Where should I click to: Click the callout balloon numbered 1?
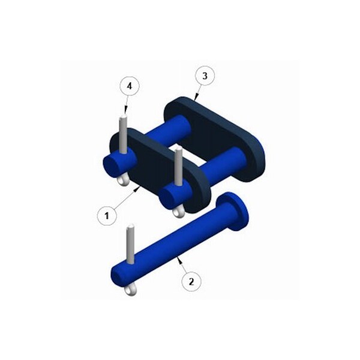107,215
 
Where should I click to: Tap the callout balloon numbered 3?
205,76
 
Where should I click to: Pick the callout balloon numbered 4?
128,86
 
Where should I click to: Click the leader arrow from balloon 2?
182,265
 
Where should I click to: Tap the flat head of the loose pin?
234,212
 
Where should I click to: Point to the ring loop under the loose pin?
130,291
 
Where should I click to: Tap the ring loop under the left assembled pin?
122,181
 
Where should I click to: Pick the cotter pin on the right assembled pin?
178,168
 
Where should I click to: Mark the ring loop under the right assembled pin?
178,211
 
